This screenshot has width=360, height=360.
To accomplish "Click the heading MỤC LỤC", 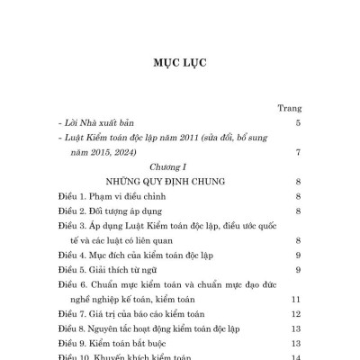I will [180, 66].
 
